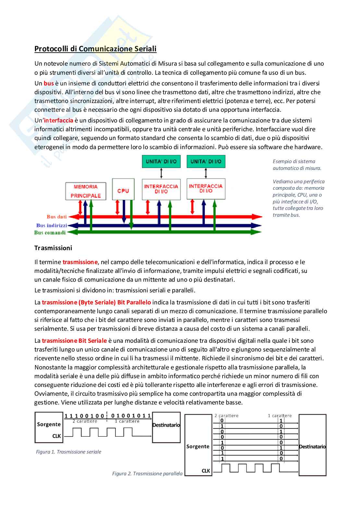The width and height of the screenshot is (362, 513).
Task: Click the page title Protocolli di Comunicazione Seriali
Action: click(x=95, y=49)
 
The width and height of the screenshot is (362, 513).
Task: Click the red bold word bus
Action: click(x=49, y=83)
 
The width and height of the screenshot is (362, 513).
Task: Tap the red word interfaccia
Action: click(x=58, y=121)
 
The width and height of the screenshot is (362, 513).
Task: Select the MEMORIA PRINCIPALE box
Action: click(x=86, y=191)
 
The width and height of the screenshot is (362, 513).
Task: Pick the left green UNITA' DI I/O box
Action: click(x=161, y=161)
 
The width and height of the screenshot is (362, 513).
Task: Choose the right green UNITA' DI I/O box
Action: click(x=206, y=161)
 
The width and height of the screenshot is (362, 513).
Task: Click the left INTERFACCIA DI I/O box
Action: click(x=161, y=189)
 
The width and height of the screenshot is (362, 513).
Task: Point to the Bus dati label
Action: click(x=56, y=217)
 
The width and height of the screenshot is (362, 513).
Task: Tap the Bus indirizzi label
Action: click(x=52, y=225)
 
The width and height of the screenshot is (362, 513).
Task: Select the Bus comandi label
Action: click(x=50, y=233)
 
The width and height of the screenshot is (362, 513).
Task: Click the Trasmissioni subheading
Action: click(x=53, y=248)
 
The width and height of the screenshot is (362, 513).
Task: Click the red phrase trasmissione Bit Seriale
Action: click(x=74, y=341)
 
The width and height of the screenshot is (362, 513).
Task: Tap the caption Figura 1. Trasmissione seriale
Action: click(x=68, y=452)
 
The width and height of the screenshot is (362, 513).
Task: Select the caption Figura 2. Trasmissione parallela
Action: click(x=147, y=474)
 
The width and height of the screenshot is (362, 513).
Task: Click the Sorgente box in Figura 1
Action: click(x=49, y=427)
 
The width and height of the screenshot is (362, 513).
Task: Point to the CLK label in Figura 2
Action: click(x=206, y=471)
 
